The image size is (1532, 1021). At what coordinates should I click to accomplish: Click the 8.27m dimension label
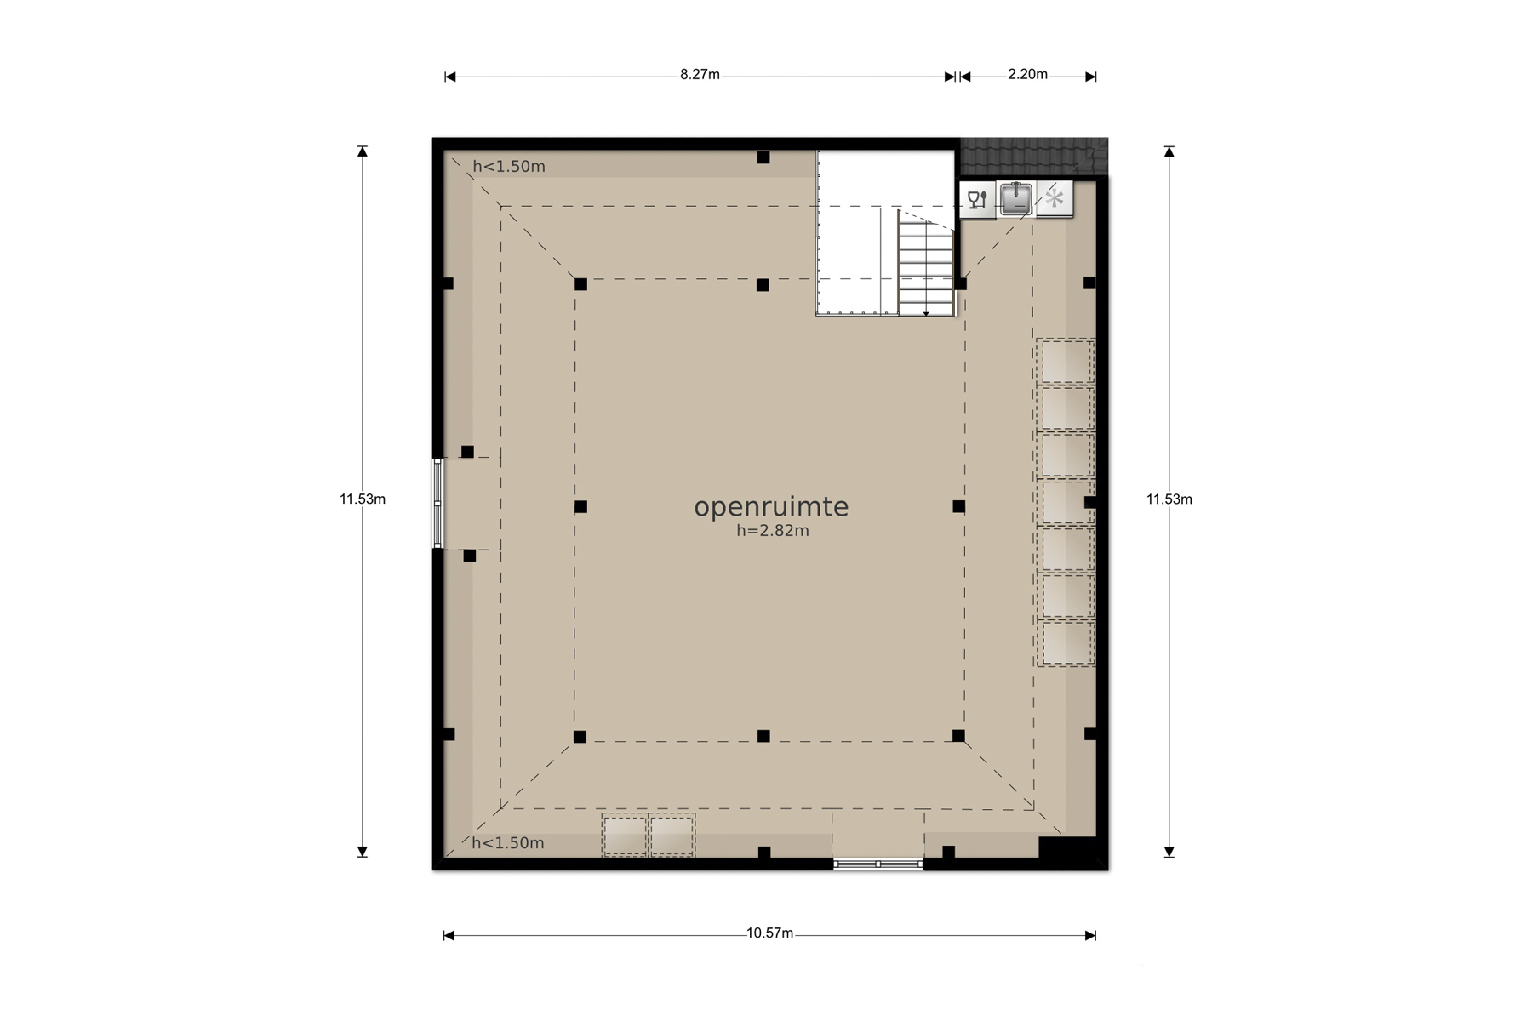point(700,75)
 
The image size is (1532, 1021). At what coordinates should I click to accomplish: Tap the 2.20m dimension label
point(1027,75)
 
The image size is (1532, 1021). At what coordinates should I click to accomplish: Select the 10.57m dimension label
point(769,933)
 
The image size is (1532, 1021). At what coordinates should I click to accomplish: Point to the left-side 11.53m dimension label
point(363,499)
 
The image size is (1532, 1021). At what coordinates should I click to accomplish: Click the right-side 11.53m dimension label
point(1169,499)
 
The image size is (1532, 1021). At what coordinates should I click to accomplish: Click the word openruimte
point(771,507)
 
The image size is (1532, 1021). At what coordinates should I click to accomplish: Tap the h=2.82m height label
point(773,531)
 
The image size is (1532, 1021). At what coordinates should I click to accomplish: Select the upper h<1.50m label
point(509,167)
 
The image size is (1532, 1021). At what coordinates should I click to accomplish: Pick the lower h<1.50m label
point(508,843)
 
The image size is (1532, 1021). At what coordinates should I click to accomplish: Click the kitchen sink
point(1015,199)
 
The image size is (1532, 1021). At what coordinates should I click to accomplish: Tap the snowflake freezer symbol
point(1055,199)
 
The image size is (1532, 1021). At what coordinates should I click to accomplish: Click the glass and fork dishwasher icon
point(977,200)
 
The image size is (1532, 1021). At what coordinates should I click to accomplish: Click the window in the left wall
point(437,503)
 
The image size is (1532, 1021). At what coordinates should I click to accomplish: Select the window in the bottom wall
point(877,864)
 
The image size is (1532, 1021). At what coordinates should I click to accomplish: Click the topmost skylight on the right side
point(1066,361)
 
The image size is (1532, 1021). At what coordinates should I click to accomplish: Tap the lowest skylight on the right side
point(1066,643)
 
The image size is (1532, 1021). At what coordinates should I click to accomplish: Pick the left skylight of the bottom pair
point(625,836)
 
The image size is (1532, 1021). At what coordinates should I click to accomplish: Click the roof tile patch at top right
point(1034,157)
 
